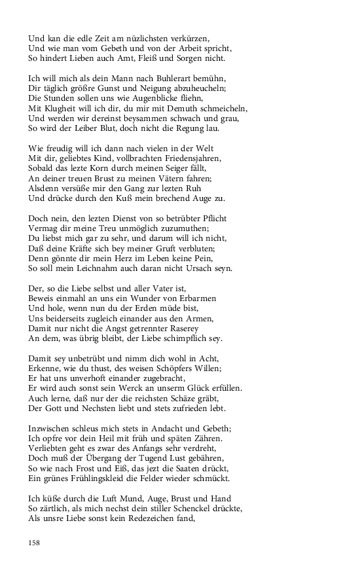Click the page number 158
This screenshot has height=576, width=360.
click(x=35, y=542)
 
